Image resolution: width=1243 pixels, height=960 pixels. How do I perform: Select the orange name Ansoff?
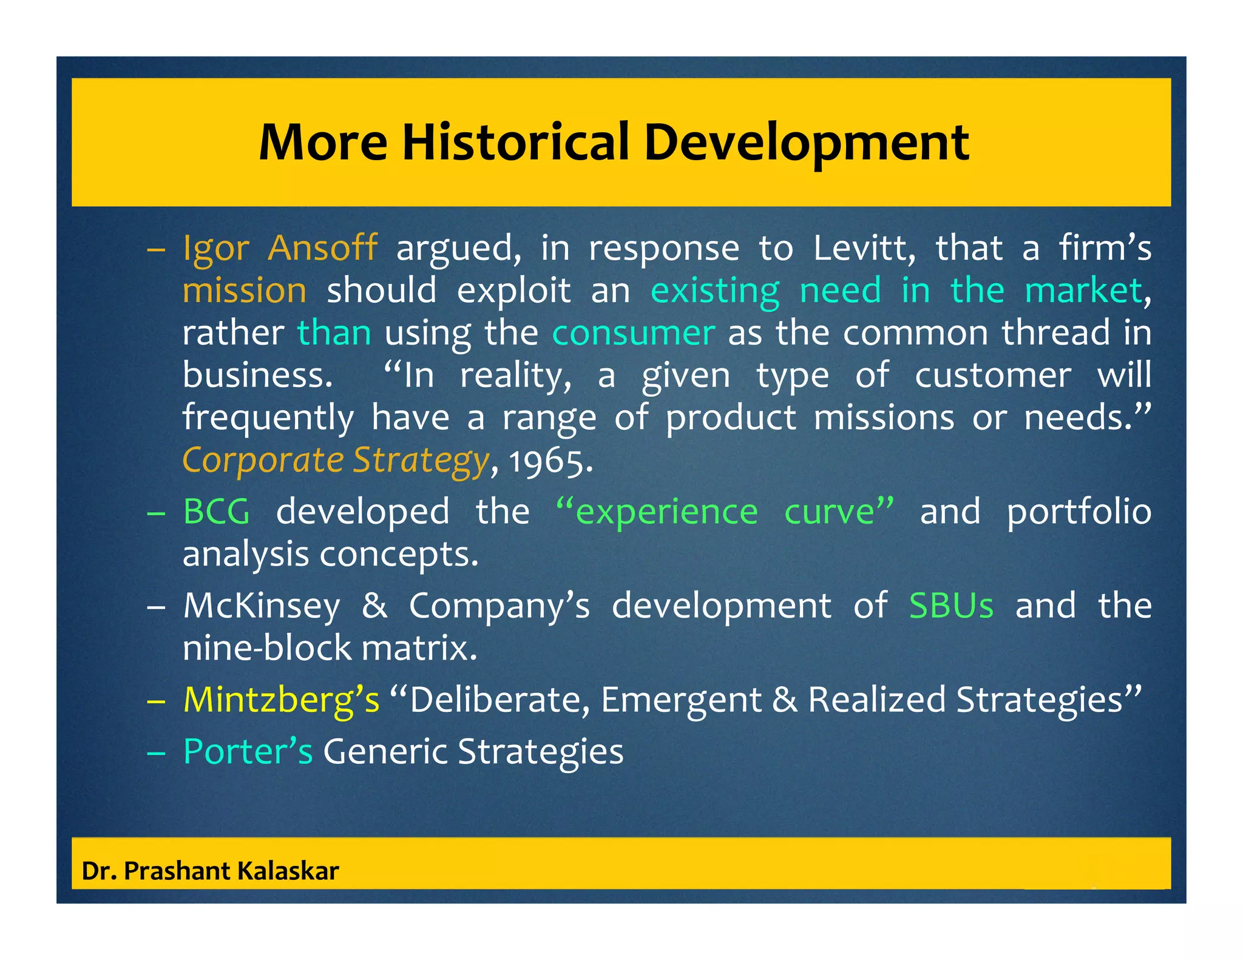click(x=322, y=248)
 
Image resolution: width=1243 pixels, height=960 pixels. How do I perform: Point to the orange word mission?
click(x=245, y=290)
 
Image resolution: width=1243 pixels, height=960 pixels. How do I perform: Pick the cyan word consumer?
click(x=633, y=333)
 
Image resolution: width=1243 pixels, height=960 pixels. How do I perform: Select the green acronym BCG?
click(x=217, y=512)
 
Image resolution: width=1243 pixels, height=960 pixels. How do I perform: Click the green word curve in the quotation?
click(x=838, y=512)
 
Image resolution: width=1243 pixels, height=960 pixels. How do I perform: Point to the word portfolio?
click(x=1079, y=512)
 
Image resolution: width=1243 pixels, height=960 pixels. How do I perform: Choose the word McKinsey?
click(x=262, y=606)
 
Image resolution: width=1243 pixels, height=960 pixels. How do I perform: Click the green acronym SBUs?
click(x=951, y=606)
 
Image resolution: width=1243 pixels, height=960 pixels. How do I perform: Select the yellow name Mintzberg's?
click(x=281, y=700)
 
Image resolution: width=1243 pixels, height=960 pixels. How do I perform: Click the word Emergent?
click(x=680, y=700)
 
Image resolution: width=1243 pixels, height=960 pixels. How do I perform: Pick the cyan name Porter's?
click(x=248, y=751)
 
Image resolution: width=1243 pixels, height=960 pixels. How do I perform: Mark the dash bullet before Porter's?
click(x=156, y=752)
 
